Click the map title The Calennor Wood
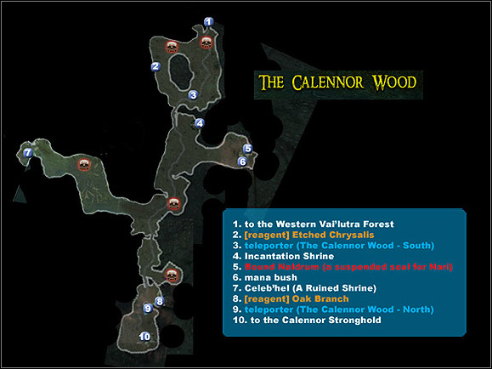(337, 82)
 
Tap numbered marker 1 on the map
(209, 21)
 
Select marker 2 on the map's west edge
(156, 65)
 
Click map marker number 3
(194, 94)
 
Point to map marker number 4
(200, 123)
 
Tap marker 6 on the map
(243, 160)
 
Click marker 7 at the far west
(28, 153)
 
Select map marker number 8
(159, 301)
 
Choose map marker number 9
(148, 308)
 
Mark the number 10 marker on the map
(145, 337)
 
